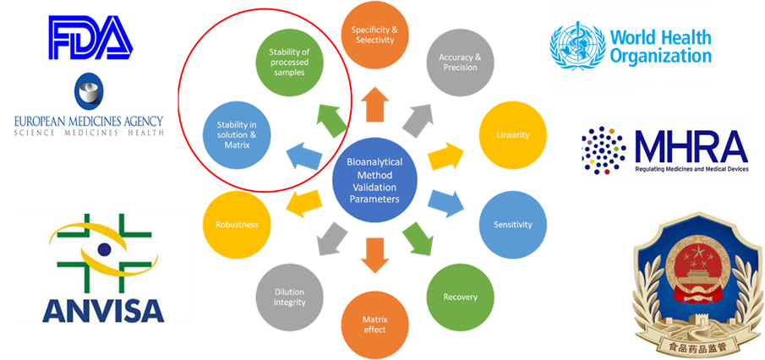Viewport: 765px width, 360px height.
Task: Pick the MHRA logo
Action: click(x=665, y=150)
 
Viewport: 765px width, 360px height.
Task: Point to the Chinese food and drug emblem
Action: click(x=690, y=283)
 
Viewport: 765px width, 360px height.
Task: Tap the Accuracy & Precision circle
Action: click(x=460, y=63)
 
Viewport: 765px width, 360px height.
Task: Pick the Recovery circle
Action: click(x=460, y=297)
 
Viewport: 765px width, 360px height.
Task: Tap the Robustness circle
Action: click(x=237, y=225)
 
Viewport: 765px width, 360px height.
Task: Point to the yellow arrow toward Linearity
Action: click(x=445, y=155)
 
